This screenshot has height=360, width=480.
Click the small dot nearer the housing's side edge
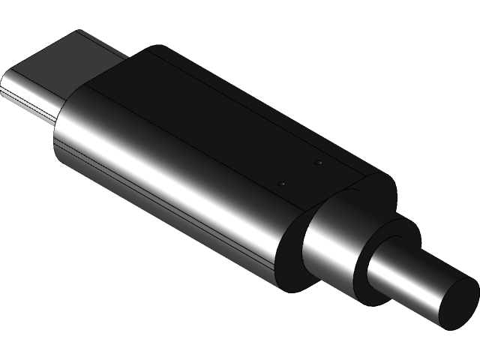point(281,183)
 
